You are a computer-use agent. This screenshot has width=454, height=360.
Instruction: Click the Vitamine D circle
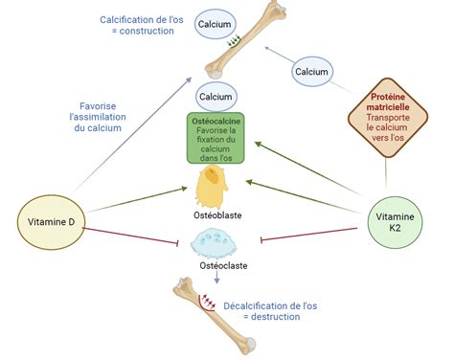tap(51, 222)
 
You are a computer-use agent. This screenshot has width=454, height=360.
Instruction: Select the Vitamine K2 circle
tap(395, 222)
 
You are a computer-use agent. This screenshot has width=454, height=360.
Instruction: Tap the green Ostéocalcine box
tap(216, 138)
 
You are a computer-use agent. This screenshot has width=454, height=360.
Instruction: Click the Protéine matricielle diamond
tap(388, 118)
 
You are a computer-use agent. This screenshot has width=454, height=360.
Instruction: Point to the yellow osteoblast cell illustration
tap(212, 187)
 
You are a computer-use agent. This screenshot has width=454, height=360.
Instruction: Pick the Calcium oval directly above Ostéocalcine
tap(216, 97)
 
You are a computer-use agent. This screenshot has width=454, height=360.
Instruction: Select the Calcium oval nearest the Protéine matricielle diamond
tap(312, 72)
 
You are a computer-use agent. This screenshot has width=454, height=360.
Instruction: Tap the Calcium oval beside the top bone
tap(216, 24)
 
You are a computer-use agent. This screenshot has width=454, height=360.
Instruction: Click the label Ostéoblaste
tap(217, 215)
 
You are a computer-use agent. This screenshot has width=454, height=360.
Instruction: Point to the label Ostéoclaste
tap(223, 265)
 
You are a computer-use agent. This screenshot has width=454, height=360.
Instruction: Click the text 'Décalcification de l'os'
tap(270, 305)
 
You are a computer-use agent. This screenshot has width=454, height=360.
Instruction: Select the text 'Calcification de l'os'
tap(142, 20)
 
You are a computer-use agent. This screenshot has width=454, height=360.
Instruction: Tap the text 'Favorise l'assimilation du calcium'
tap(98, 117)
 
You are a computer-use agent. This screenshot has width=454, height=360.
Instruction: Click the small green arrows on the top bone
tap(234, 41)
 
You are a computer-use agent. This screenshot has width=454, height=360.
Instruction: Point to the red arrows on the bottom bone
tap(208, 302)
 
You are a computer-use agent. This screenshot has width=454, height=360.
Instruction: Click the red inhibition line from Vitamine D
tap(130, 236)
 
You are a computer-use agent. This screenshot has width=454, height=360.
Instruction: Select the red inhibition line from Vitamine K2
tap(309, 234)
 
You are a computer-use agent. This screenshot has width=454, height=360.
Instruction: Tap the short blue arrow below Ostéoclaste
tap(217, 277)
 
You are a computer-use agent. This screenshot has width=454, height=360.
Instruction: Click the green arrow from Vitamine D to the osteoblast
tap(136, 200)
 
